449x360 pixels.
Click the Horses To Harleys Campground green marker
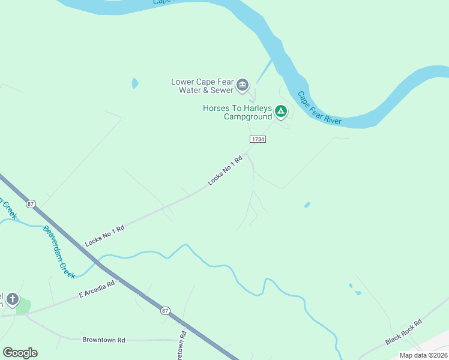pos(280,111)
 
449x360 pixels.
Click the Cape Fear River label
pos(319,108)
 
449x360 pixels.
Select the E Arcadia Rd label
pos(97,290)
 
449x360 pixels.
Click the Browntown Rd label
pos(103,340)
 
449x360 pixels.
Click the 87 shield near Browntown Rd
pos(165,311)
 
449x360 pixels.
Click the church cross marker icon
pos(12,299)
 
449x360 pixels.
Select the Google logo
pos(20,353)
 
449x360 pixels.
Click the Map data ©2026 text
pos(423,355)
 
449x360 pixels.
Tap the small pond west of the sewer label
pos(135,83)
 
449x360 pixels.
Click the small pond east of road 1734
pos(307,205)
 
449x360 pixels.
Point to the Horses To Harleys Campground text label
pos(238,112)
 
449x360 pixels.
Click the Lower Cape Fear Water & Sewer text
pos(202,86)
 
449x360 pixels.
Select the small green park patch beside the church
pos(23,307)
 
